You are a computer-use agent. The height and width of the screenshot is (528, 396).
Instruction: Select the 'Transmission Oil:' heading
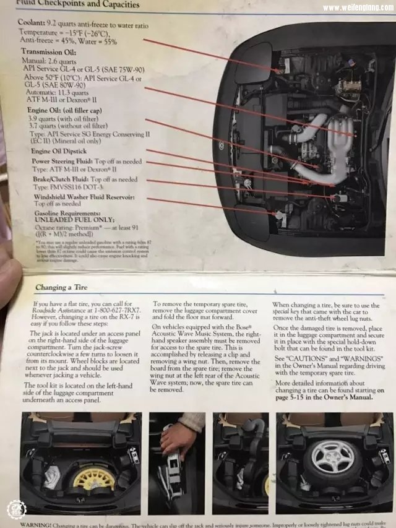tap(49, 53)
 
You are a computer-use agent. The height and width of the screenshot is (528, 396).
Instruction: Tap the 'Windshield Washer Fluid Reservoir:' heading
tap(84, 197)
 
